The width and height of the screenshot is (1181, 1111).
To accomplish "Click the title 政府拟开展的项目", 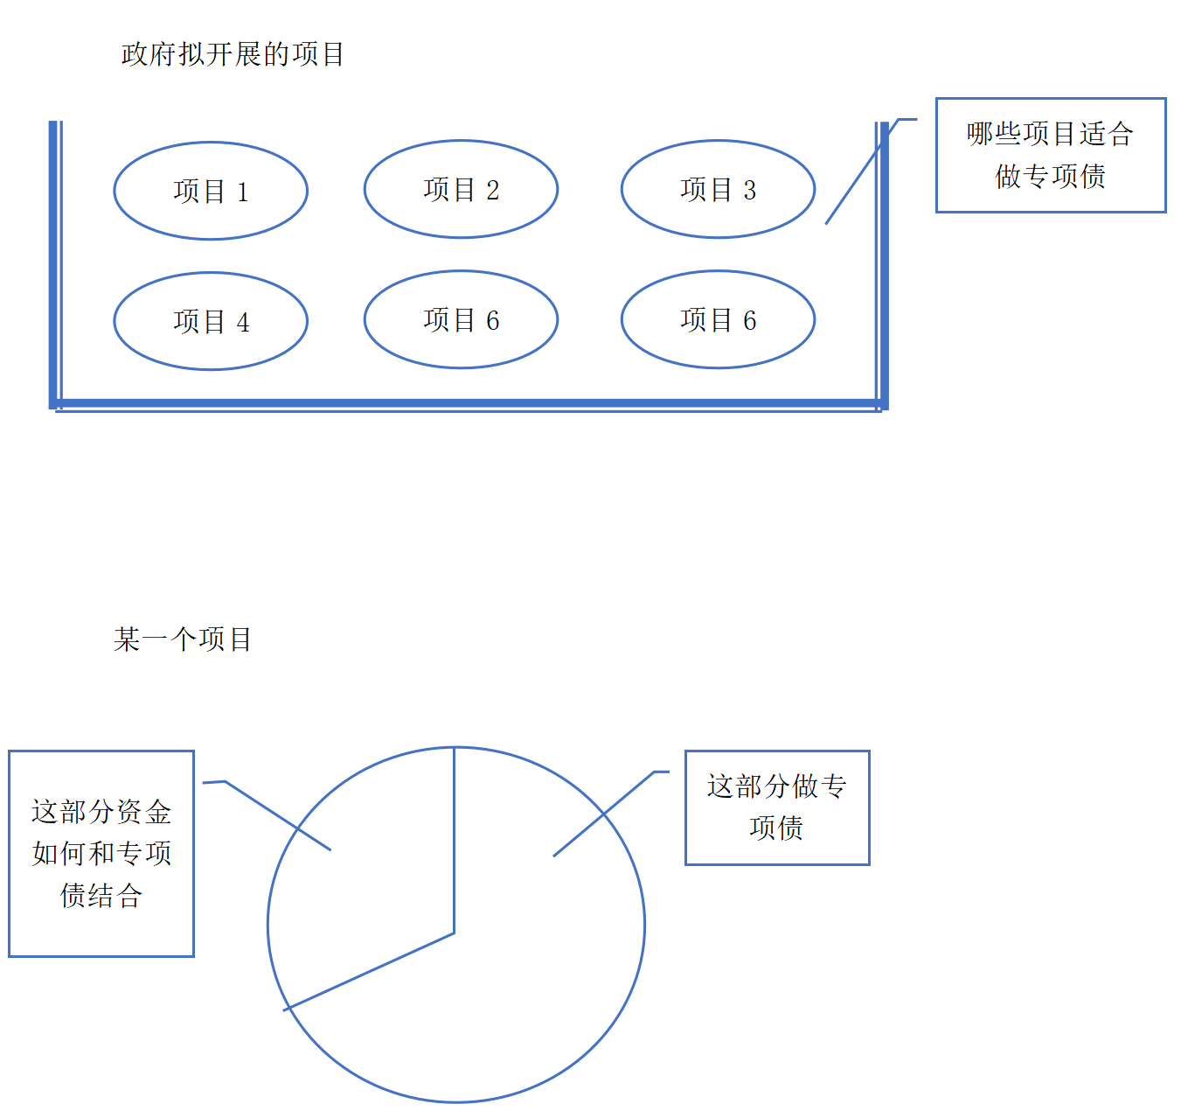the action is [233, 54].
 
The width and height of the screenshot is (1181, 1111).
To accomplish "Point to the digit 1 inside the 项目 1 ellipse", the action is [243, 192].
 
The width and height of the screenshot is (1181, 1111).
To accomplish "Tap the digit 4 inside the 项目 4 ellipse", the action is [243, 323].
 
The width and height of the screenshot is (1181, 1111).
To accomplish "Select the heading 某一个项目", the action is [182, 639].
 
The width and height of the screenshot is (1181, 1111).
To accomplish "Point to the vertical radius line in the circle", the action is [455, 841].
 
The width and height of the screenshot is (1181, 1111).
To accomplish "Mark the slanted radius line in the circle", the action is [369, 972].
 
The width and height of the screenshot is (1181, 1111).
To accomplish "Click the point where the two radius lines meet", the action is [455, 933].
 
